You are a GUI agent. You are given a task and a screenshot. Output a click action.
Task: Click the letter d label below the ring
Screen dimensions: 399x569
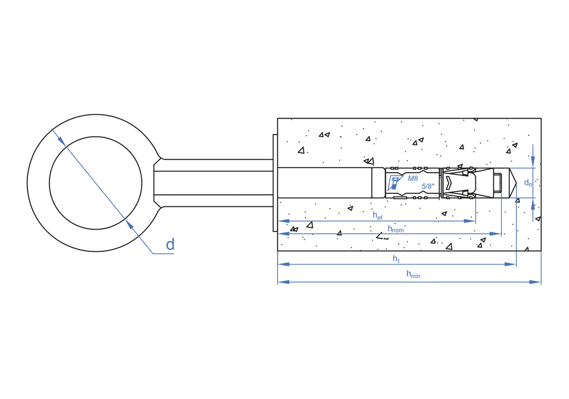[170, 245]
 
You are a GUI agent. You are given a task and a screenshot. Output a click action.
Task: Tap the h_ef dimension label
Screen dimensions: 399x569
[377, 215]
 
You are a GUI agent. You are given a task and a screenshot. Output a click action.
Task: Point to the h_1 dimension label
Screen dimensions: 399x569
[396, 259]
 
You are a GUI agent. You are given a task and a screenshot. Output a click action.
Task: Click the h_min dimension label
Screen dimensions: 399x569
[413, 274]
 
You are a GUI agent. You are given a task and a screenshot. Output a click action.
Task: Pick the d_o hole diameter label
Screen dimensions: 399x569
[528, 183]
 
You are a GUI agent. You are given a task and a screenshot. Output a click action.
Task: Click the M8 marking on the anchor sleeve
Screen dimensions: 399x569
[413, 178]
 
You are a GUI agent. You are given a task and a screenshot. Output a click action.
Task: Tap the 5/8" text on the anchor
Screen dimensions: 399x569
[428, 186]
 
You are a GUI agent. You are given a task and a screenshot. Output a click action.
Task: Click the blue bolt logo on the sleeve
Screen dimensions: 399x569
[394, 183]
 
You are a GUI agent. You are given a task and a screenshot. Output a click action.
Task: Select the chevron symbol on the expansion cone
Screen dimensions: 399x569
[450, 183]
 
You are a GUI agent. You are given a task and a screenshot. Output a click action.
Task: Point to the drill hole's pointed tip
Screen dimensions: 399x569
[514, 183]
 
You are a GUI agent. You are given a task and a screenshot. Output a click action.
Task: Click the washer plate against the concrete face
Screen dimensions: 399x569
[275, 183]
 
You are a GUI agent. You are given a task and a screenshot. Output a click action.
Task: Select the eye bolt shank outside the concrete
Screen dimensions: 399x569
[216, 183]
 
